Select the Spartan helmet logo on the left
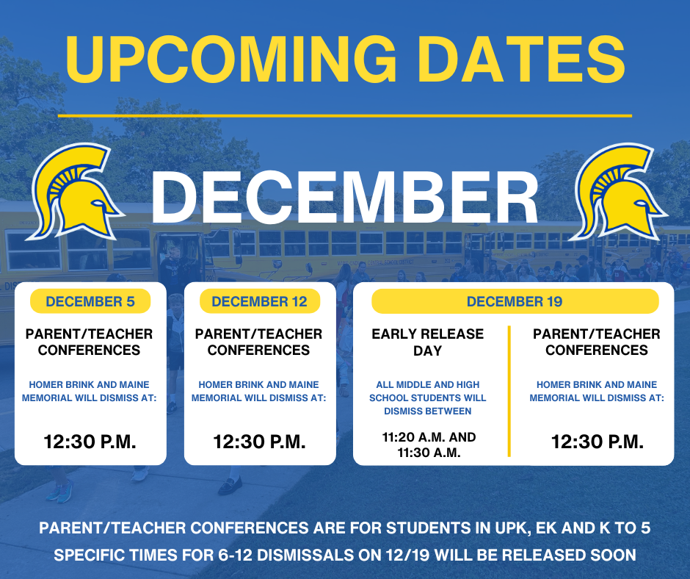pyautogui.click(x=73, y=193)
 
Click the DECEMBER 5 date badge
pyautogui.click(x=90, y=301)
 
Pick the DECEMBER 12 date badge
pyautogui.click(x=260, y=301)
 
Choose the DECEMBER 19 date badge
pyautogui.click(x=514, y=301)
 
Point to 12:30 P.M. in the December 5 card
pyautogui.click(x=90, y=442)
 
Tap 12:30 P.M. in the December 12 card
pyautogui.click(x=260, y=442)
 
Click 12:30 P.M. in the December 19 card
pyautogui.click(x=597, y=442)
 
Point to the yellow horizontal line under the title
pyautogui.click(x=345, y=115)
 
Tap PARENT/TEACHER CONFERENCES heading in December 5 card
pyautogui.click(x=90, y=342)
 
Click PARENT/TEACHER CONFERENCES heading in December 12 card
pyautogui.click(x=259, y=342)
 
